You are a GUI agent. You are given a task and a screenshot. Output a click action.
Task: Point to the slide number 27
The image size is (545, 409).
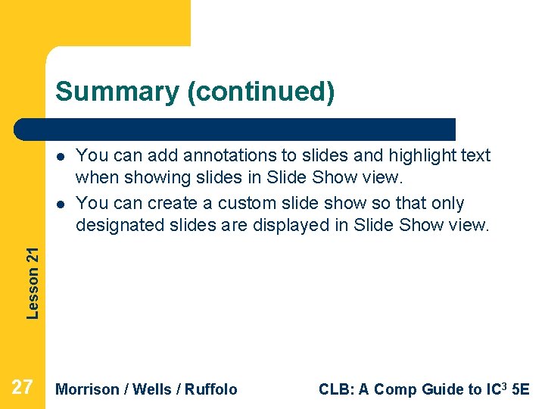[x=23, y=388]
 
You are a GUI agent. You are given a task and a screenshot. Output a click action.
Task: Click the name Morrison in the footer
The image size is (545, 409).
[x=88, y=389]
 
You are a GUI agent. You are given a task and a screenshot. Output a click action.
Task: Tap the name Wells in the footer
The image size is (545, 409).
[x=154, y=389]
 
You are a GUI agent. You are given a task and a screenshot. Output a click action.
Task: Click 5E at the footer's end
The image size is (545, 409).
[x=521, y=389]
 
